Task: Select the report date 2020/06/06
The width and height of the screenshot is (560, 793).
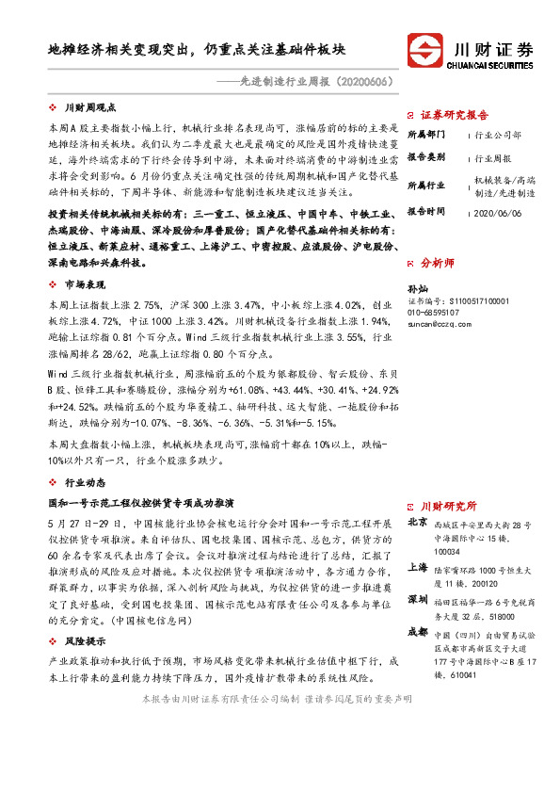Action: (x=499, y=213)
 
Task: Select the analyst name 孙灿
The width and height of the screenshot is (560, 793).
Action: (x=417, y=288)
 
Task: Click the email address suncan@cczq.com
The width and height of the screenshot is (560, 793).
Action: (x=440, y=322)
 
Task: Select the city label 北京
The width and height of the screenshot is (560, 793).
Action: (x=417, y=521)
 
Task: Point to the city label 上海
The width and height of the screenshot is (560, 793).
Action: (x=417, y=567)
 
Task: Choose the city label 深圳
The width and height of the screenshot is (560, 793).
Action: (x=417, y=600)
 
